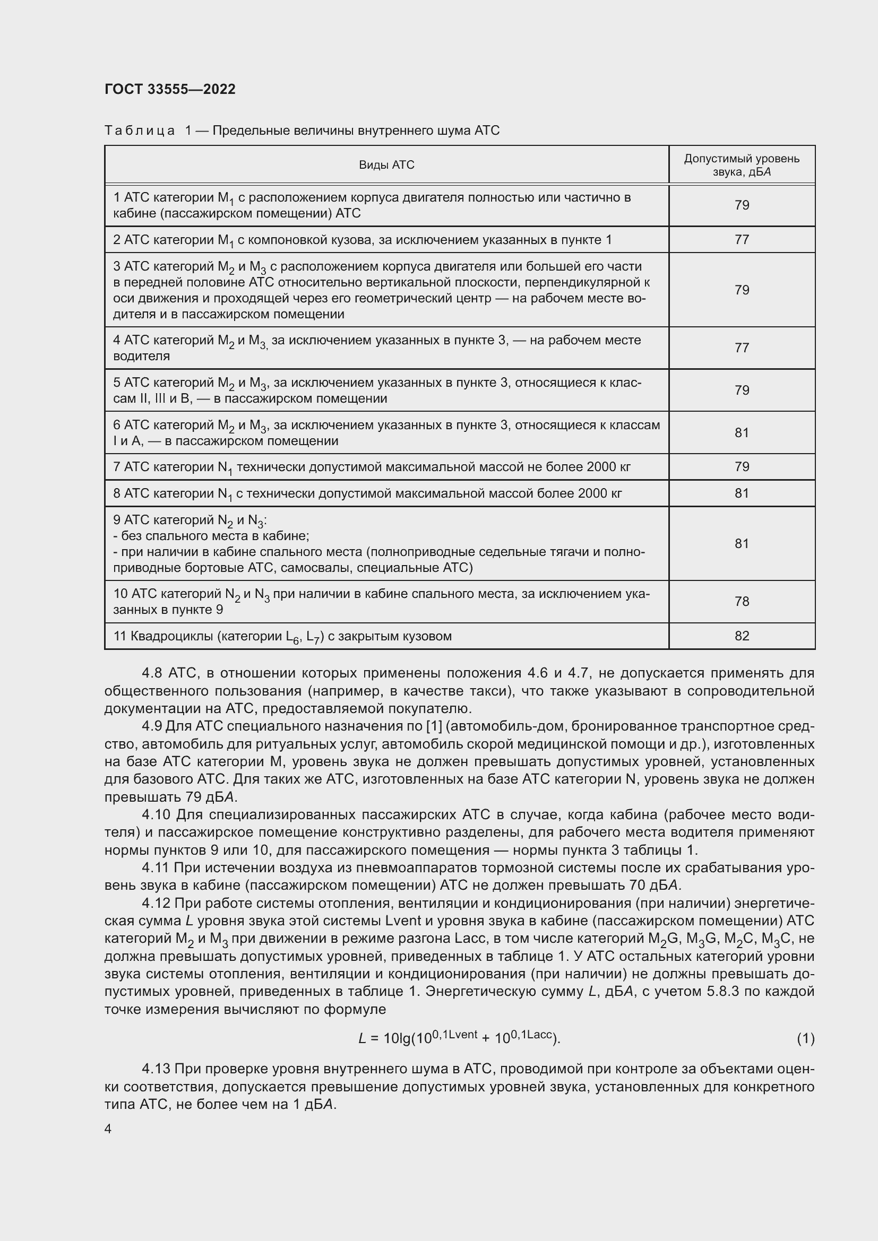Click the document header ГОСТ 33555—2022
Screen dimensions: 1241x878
point(170,89)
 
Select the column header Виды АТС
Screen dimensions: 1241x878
point(386,165)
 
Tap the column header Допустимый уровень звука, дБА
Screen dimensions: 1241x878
point(741,165)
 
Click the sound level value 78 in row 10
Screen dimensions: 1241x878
point(742,602)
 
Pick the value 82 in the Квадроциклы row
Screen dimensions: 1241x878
point(742,636)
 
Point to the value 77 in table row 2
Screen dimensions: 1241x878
point(742,239)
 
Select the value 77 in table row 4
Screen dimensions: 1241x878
point(742,348)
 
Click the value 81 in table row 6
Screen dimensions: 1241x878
point(742,432)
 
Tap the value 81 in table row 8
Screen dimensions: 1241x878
point(742,493)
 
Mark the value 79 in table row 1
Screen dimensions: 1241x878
point(742,205)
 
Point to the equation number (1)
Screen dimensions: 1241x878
point(805,1038)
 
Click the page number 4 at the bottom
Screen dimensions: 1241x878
point(108,1129)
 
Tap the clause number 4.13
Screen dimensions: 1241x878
point(156,1069)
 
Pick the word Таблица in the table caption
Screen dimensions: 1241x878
point(140,131)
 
